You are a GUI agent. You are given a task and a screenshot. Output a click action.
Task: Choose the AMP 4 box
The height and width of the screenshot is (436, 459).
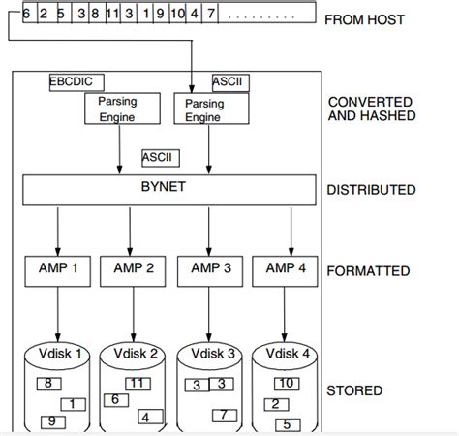point(284,270)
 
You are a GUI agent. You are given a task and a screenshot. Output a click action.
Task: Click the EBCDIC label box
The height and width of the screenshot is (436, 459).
point(76,82)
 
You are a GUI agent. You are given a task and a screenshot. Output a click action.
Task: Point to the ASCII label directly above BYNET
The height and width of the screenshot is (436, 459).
point(160,156)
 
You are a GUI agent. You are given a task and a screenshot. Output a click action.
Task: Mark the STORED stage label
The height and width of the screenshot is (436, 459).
point(354,391)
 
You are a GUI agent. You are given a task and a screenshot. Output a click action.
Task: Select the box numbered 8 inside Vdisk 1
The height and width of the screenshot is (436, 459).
point(47,384)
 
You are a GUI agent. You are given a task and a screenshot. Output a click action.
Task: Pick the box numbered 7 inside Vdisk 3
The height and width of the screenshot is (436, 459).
point(223,415)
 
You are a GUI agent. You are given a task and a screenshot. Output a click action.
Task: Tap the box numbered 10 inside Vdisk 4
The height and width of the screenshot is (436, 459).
point(288,384)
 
